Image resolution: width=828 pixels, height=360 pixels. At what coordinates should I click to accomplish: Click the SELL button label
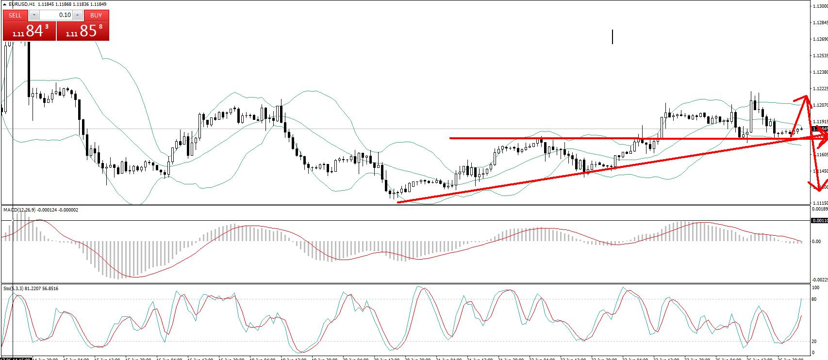point(15,15)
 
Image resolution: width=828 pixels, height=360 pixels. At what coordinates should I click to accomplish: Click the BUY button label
point(96,15)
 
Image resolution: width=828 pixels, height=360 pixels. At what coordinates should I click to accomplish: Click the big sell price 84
point(34,31)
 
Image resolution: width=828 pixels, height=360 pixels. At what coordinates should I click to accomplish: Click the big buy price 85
point(88,31)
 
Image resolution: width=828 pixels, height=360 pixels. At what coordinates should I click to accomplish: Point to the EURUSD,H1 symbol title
point(18,4)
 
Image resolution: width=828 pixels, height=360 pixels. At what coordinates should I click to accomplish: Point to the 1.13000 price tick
point(819,6)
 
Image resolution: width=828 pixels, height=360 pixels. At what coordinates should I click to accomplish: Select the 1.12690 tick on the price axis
point(819,39)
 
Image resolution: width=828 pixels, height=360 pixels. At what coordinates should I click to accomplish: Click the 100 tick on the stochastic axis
point(815,288)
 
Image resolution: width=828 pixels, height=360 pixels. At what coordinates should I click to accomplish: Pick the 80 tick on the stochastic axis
point(814,299)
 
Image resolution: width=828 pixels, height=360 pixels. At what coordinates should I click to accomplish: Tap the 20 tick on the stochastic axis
point(814,341)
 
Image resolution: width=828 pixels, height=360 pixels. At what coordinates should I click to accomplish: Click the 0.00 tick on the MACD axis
point(816,241)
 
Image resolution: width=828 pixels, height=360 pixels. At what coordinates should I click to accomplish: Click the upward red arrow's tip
point(807,96)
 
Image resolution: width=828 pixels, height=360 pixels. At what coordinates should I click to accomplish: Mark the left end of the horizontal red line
point(450,138)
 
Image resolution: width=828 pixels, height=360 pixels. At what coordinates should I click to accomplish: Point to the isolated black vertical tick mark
point(613,36)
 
